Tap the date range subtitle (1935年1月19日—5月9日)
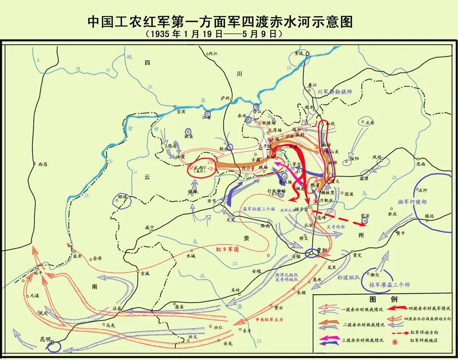214,34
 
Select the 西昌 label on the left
42,164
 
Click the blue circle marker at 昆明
55,345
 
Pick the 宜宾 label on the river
181,112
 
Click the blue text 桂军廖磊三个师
389,284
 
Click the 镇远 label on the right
429,216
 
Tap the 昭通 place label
123,196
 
